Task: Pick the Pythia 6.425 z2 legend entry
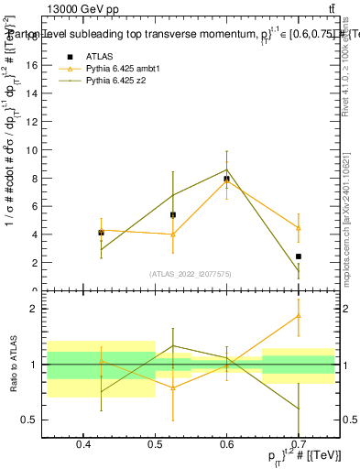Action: click(117, 82)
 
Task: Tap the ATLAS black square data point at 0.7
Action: click(299, 256)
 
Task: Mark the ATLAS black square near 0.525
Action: click(172, 214)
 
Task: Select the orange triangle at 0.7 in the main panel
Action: click(299, 228)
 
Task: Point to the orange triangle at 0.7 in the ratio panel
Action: click(299, 316)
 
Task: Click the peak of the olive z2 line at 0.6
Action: click(226, 169)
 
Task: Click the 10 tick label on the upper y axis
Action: click(30, 149)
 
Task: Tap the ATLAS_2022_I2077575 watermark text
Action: click(191, 273)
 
